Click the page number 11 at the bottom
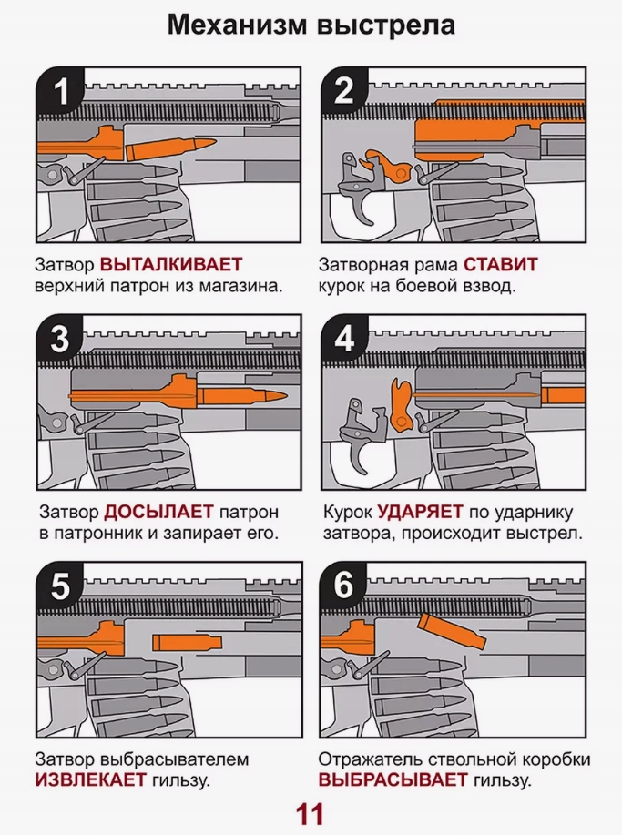click(310, 813)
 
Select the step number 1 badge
click(60, 93)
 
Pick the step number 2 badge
click(343, 93)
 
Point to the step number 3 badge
click(60, 338)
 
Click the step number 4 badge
click(343, 338)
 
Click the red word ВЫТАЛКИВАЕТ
click(171, 265)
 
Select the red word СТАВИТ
click(500, 265)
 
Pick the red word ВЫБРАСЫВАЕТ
click(393, 780)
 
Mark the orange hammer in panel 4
click(399, 405)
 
